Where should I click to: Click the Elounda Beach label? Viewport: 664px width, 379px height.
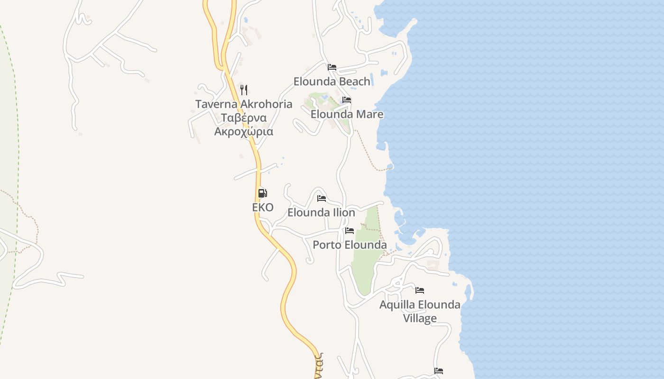click(x=332, y=81)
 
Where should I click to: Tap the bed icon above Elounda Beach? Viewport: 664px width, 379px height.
click(x=332, y=67)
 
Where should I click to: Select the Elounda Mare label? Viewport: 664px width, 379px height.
click(x=347, y=114)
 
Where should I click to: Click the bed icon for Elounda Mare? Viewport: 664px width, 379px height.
click(x=347, y=100)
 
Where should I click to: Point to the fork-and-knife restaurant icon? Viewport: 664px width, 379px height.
click(x=244, y=90)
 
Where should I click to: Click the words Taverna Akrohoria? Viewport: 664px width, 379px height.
click(x=244, y=104)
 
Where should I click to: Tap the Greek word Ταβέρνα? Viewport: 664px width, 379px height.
click(x=244, y=117)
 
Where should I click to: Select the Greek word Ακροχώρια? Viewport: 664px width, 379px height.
click(x=244, y=131)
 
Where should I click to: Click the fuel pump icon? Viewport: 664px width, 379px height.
click(x=263, y=193)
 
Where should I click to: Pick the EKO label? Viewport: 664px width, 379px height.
click(x=263, y=207)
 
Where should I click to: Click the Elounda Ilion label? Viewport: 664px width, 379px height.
click(x=321, y=212)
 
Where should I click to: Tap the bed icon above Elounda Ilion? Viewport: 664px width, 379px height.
click(x=322, y=198)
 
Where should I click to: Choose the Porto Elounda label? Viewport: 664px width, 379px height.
click(x=350, y=245)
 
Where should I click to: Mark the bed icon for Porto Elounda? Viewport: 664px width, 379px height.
click(x=350, y=231)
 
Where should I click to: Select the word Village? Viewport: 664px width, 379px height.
click(x=420, y=318)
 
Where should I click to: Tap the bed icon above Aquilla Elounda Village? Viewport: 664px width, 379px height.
click(x=420, y=290)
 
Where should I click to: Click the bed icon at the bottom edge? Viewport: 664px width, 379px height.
click(x=439, y=370)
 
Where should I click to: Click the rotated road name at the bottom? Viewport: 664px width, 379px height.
click(x=318, y=366)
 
